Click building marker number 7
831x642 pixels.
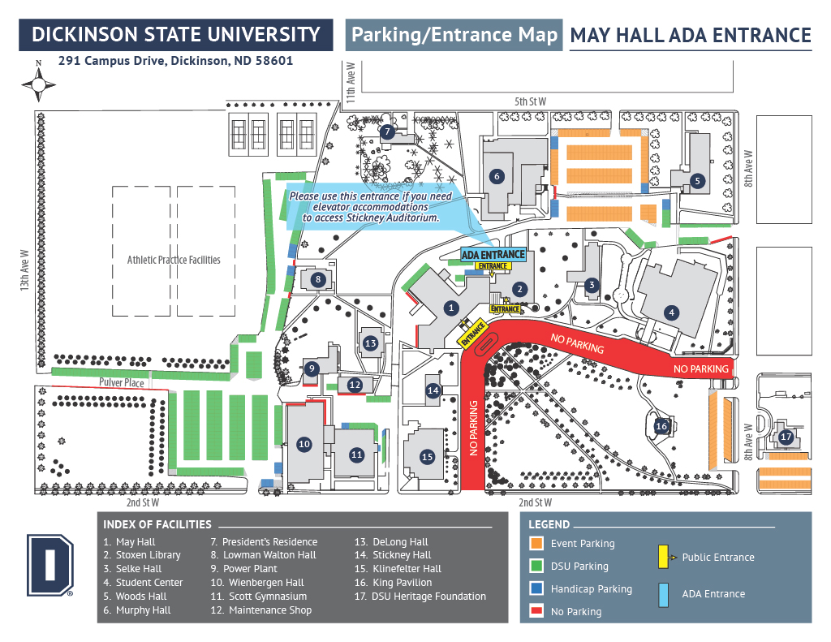(387, 131)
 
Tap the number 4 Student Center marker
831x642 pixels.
(671, 312)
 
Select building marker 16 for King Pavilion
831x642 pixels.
(661, 426)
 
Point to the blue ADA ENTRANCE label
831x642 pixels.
(493, 255)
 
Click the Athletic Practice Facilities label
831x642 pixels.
(174, 260)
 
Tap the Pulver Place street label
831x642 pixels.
(122, 382)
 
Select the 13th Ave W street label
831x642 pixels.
(24, 270)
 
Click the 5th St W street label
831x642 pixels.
(530, 101)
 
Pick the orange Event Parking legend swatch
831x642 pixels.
(537, 544)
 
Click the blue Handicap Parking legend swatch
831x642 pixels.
(537, 588)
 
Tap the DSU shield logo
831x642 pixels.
(50, 565)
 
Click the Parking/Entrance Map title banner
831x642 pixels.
(454, 35)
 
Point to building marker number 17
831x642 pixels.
(786, 437)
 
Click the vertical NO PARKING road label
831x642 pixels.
(473, 428)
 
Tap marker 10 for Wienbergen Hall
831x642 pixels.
(304, 444)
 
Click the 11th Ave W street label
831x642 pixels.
(351, 83)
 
